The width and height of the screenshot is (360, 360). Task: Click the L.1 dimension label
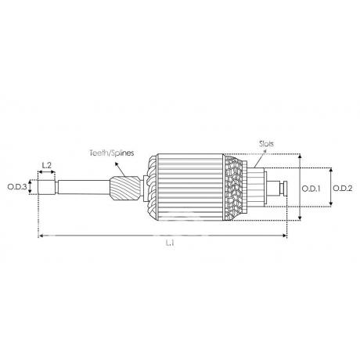click(x=170, y=243)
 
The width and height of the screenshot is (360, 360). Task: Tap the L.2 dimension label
click(x=47, y=165)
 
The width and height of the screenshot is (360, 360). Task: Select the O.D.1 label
click(x=311, y=189)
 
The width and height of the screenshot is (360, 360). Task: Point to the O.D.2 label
click(x=343, y=188)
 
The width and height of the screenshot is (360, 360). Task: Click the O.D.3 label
click(x=17, y=187)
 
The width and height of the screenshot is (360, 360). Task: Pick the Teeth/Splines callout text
click(x=112, y=153)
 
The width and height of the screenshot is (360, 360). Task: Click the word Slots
click(x=266, y=143)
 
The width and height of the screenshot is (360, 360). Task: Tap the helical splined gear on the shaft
click(x=125, y=188)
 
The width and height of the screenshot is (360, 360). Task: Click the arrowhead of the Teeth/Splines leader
click(x=117, y=164)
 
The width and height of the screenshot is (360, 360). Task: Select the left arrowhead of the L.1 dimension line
click(x=41, y=236)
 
